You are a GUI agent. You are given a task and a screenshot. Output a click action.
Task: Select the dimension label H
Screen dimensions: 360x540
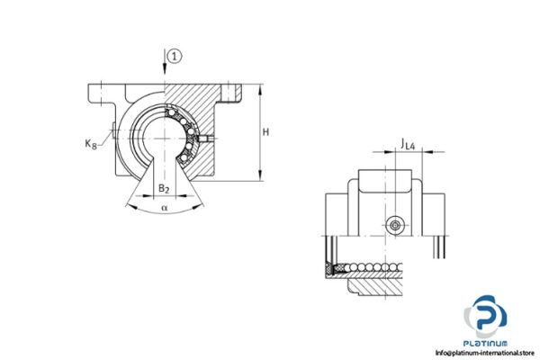click(265, 132)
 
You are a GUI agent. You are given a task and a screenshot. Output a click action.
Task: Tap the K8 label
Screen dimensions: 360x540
click(91, 141)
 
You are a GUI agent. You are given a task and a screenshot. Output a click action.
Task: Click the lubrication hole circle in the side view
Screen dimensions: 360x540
click(393, 224)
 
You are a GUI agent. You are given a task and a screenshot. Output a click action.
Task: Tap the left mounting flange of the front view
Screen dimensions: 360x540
click(101, 93)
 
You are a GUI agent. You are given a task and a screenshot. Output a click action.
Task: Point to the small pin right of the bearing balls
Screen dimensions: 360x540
click(211, 137)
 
